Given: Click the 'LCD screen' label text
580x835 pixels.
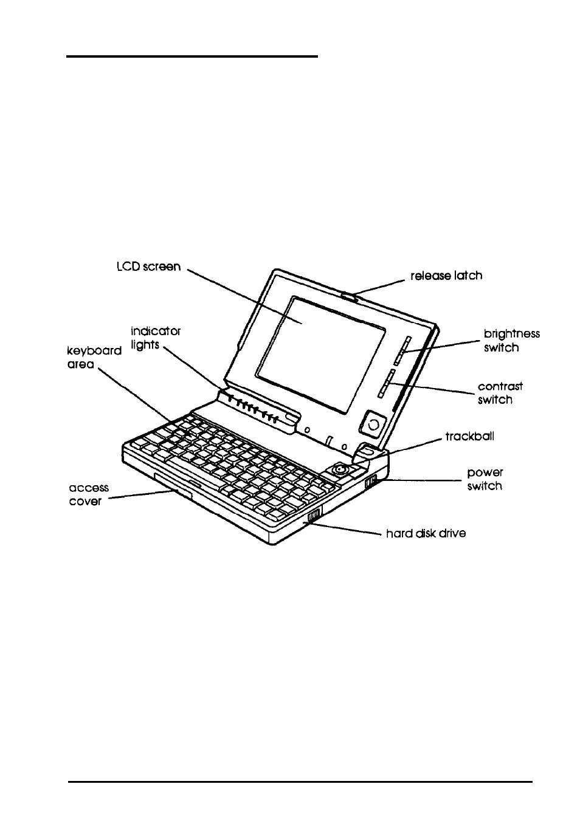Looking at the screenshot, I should [149, 267].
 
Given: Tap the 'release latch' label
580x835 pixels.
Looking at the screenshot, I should [446, 276].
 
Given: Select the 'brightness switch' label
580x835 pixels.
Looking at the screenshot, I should [511, 341].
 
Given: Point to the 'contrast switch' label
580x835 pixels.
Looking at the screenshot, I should [500, 393].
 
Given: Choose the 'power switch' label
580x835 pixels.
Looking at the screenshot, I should [485, 479].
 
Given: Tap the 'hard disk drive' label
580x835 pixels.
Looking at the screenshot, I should [426, 534].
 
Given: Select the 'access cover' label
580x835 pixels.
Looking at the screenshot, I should [88, 495].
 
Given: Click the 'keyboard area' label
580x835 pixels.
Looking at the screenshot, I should [94, 358].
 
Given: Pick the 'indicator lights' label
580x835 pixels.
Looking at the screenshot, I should [156, 338].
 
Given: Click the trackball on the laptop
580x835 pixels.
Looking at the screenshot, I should [340, 469].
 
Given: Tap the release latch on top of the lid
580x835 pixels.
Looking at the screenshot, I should [350, 296].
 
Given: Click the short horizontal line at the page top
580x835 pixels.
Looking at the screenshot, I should [192, 56].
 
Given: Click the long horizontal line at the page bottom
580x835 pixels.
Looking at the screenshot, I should [300, 782].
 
